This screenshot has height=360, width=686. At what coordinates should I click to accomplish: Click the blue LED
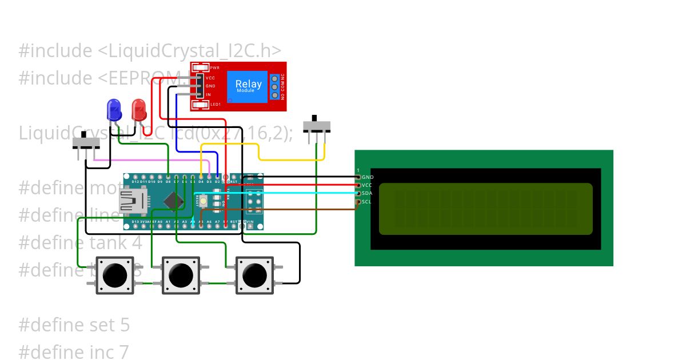click(x=114, y=109)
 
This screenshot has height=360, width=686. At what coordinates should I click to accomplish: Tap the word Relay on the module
click(x=249, y=84)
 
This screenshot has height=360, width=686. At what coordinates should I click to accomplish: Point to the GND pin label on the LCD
click(x=368, y=178)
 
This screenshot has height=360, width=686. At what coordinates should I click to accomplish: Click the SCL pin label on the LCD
click(x=367, y=202)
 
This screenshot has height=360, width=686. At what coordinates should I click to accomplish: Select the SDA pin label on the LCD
click(x=368, y=194)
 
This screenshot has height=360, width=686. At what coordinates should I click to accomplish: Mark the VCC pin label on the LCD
click(x=367, y=186)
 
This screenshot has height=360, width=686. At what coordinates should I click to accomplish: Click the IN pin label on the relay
click(x=208, y=94)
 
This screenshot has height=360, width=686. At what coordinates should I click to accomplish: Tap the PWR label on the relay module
click(x=214, y=68)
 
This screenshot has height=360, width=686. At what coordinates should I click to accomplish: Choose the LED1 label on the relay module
click(x=216, y=105)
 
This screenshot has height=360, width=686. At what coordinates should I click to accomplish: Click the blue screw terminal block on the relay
click(x=274, y=86)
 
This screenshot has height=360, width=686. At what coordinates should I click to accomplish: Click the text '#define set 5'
click(x=74, y=325)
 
